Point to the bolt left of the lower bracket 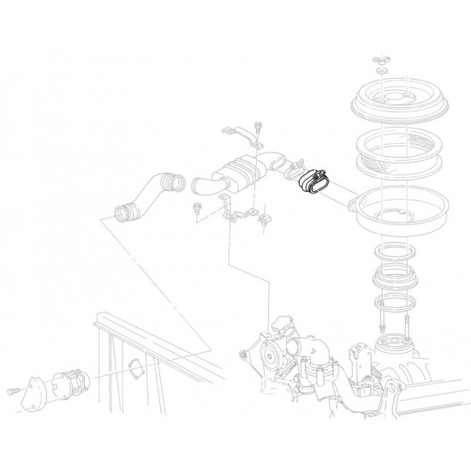[x=199, y=207]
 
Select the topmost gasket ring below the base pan [x=396, y=249]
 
